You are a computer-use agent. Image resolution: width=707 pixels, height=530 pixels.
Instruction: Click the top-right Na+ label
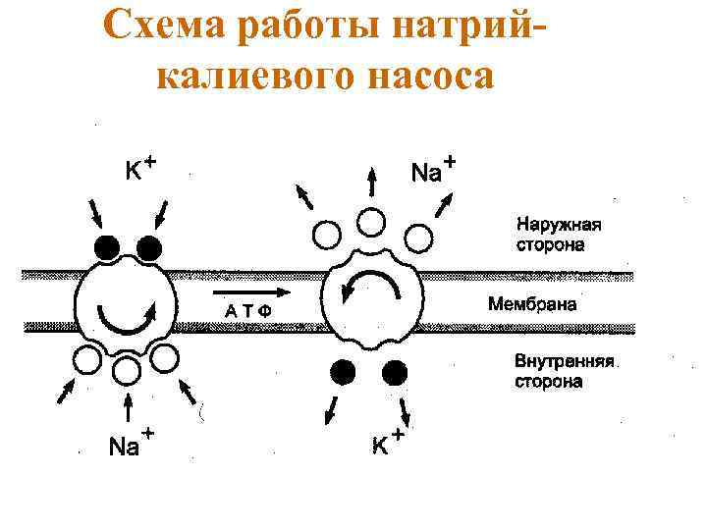pyautogui.click(x=431, y=171)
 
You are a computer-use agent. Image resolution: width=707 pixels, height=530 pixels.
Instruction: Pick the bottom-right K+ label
pyautogui.click(x=386, y=443)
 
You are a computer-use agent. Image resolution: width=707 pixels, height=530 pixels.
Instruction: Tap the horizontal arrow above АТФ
pyautogui.click(x=249, y=292)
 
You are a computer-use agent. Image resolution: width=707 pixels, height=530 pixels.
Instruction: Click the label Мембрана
pyautogui.click(x=531, y=304)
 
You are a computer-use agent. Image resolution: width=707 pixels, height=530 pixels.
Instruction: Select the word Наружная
pyautogui.click(x=559, y=224)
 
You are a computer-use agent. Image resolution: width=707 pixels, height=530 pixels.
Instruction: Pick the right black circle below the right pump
pyautogui.click(x=395, y=372)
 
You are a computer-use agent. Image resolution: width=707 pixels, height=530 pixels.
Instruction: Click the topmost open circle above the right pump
pyautogui.click(x=369, y=223)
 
